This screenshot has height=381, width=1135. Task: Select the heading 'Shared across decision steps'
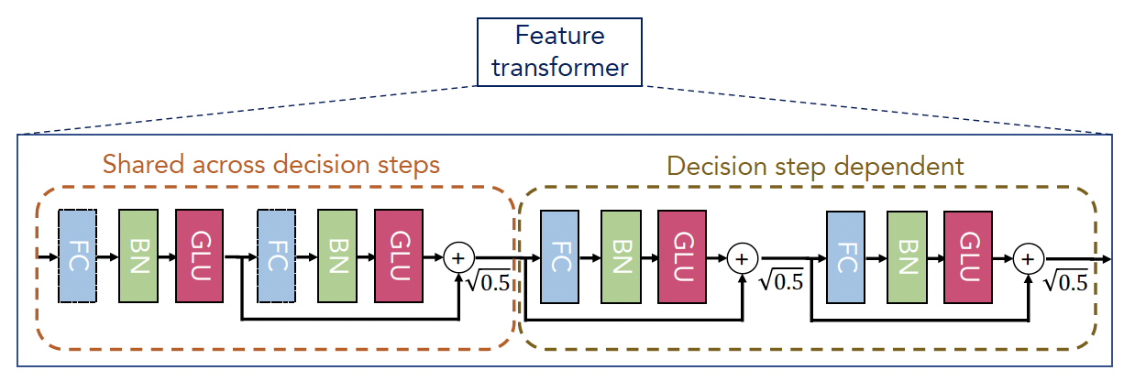pos(271,166)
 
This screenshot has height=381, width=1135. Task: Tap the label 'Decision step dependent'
pos(815,166)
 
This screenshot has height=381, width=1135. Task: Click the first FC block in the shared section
pos(78,255)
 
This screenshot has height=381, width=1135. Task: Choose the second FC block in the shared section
pos(277,255)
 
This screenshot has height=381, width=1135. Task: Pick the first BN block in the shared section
pos(138,255)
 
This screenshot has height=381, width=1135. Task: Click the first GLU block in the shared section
pos(199,255)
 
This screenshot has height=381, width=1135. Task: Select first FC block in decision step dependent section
pos(560,256)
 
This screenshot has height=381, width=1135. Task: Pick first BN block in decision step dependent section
pos(621,256)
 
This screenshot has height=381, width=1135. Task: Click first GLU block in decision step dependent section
pos(681,256)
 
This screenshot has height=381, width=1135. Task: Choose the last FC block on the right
pos(845,256)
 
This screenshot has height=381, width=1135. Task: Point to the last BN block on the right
pos(906,256)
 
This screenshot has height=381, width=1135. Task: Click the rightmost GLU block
pos(966,256)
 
